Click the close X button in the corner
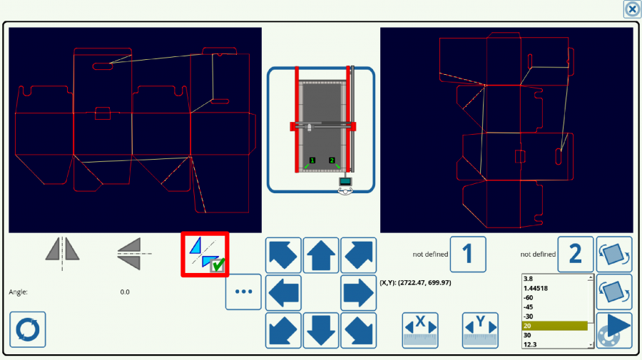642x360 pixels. point(632,9)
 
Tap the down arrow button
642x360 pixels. point(321,330)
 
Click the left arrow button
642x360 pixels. point(283,292)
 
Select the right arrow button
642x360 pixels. point(358,292)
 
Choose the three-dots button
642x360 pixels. point(243,292)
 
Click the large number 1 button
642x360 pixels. point(468,254)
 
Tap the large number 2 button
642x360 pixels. point(576,254)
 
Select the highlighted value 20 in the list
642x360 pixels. point(554,326)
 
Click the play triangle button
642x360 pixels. point(614,330)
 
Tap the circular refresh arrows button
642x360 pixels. point(28,329)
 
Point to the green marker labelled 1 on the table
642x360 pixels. point(312,161)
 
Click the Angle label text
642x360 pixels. point(19,292)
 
